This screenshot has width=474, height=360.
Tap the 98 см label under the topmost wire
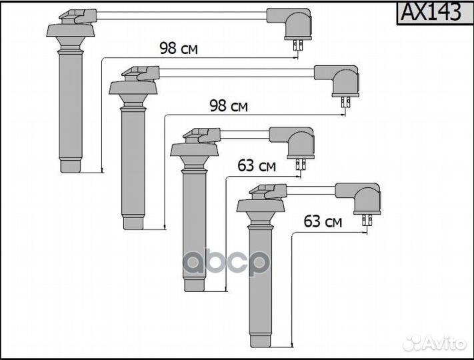click(178, 48)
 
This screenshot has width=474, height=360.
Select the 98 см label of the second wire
click(229, 106)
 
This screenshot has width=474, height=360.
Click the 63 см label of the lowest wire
click(323, 221)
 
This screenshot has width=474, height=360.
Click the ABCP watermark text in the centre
click(227, 261)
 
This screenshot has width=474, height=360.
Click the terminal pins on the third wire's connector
click(300, 164)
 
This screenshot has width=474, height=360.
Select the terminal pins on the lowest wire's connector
click(366, 221)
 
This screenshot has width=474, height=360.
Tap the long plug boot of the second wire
click(133, 167)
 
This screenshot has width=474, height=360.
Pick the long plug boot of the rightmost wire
click(260, 287)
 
